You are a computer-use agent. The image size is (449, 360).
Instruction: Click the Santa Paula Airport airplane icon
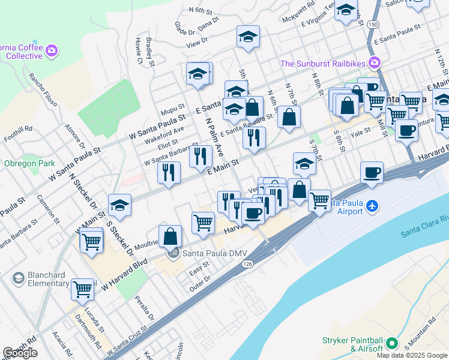[x=373, y=206]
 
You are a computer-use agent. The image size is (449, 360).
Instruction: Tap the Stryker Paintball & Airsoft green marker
[x=393, y=344]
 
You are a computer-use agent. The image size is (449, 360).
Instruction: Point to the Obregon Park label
[x=29, y=163]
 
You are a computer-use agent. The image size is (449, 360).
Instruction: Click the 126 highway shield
[x=247, y=264]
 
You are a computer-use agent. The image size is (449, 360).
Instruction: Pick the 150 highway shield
[x=374, y=24]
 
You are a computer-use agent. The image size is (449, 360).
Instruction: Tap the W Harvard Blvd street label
[x=124, y=275]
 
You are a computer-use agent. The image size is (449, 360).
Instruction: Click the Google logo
[x=20, y=353]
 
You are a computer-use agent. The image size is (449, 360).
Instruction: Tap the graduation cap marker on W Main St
[x=120, y=205]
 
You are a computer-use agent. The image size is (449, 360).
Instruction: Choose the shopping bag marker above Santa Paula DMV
[x=170, y=235]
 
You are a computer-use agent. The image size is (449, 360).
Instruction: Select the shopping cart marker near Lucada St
[x=82, y=289]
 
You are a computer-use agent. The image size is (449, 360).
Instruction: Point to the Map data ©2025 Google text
[x=412, y=355]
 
